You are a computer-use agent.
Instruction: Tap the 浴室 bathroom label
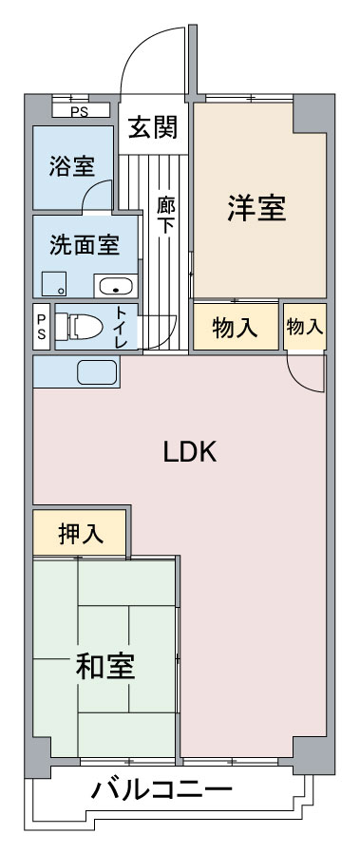72,166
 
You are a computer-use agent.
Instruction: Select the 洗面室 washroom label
85,245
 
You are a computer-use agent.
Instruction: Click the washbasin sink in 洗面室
116,286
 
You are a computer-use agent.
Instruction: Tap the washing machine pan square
54,284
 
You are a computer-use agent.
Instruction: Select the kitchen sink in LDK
96,372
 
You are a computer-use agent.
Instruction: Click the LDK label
190,452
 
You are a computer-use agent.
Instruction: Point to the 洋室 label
256,208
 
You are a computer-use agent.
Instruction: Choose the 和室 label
105,666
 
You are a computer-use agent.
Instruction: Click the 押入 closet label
81,534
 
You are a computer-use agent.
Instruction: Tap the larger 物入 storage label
235,328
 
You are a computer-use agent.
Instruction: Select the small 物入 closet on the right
305,327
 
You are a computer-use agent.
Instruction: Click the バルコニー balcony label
161,789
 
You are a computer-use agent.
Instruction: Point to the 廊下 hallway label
166,216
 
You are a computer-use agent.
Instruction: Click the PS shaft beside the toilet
42,327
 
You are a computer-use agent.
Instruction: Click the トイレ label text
122,328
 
